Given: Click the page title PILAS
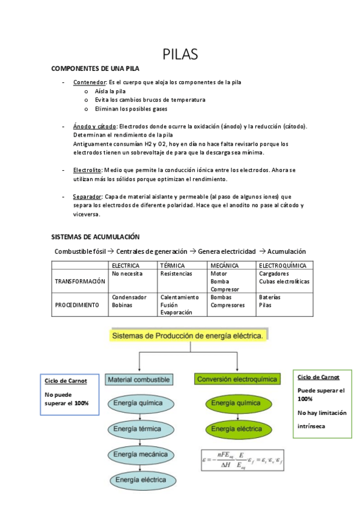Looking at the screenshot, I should (180, 54).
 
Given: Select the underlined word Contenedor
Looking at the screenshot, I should (90, 82).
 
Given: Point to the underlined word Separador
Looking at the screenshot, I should (87, 197).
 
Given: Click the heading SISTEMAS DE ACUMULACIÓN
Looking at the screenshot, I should (96, 236).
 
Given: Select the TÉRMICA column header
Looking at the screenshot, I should (172, 265).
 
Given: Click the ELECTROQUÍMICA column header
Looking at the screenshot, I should (282, 265).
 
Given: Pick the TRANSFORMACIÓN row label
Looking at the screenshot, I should (80, 281).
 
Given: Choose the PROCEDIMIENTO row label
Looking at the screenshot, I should (77, 305).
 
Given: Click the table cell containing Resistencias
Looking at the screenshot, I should (176, 274).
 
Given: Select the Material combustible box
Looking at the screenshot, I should (139, 379).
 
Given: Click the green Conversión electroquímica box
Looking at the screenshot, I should (237, 379).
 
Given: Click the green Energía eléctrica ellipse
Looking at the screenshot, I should (236, 429).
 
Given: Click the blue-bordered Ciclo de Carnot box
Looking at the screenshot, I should (65, 394).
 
